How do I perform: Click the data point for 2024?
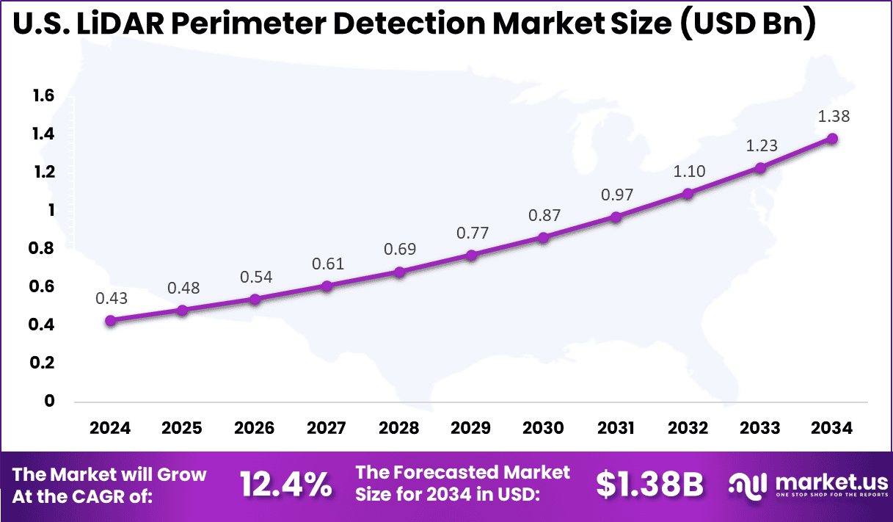[111, 321]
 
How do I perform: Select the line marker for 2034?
[832, 139]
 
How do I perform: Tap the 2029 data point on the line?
[472, 255]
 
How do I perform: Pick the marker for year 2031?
[616, 217]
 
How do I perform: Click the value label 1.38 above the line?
[832, 116]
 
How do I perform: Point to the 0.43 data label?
[111, 298]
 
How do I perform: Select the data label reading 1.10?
[688, 171]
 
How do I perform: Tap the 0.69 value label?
[399, 249]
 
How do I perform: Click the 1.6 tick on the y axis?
[43, 95]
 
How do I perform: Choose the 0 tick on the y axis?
[49, 401]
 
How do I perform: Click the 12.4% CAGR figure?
[286, 484]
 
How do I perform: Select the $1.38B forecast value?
[649, 484]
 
